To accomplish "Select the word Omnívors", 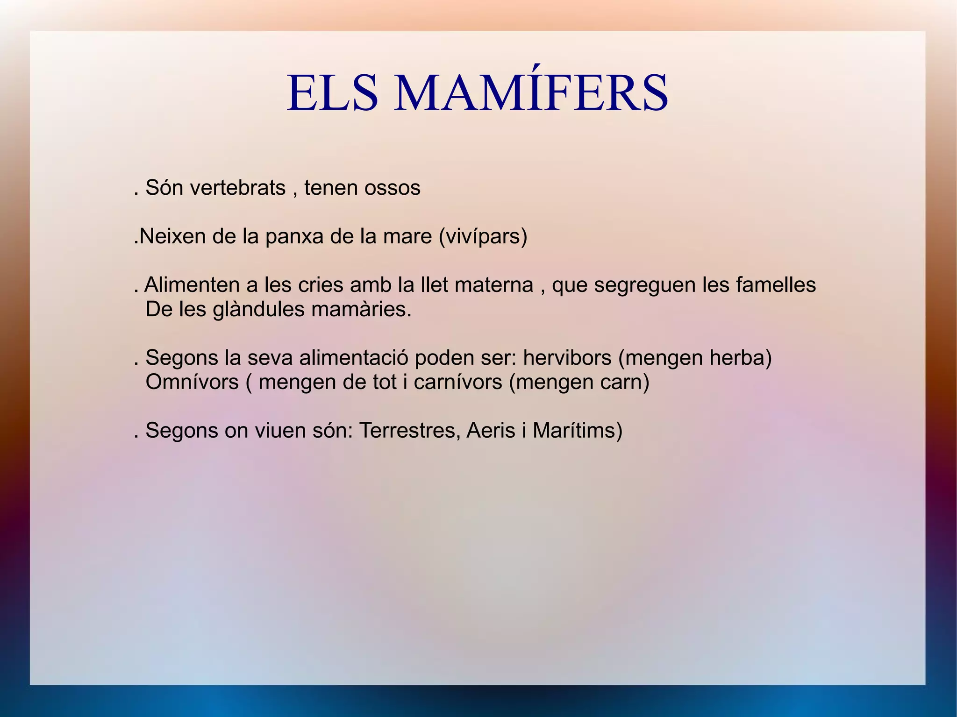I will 192,382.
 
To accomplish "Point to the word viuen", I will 277,431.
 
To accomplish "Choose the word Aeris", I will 491,431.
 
